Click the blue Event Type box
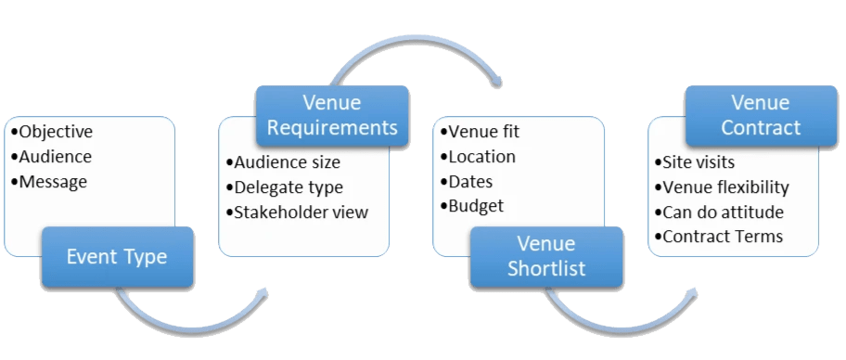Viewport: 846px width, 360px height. [x=117, y=257]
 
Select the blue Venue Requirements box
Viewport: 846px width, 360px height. [x=331, y=115]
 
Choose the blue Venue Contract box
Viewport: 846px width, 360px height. [x=760, y=115]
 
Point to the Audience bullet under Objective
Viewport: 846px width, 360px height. [x=55, y=157]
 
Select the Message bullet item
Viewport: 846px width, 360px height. [x=53, y=182]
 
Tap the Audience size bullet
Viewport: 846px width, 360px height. [x=283, y=162]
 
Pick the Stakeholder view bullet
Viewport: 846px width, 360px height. [x=297, y=212]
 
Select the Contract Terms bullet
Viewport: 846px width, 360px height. [x=723, y=237]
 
